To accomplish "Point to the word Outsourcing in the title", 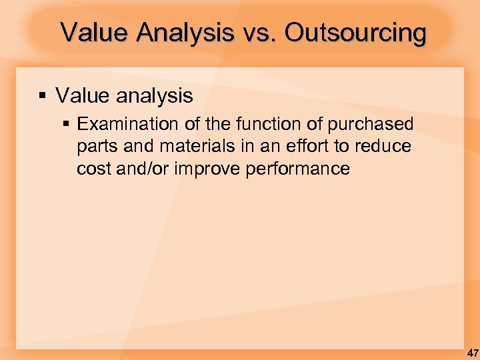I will point(355,32).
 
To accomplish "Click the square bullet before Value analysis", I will point(43,96).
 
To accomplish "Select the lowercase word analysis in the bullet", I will point(155,96).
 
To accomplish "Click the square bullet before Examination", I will point(67,125).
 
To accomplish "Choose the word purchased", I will point(371,125).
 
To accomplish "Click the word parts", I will point(95,147).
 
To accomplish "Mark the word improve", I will point(207,169).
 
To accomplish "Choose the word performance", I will point(297,169).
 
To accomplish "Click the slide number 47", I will point(471,352).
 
